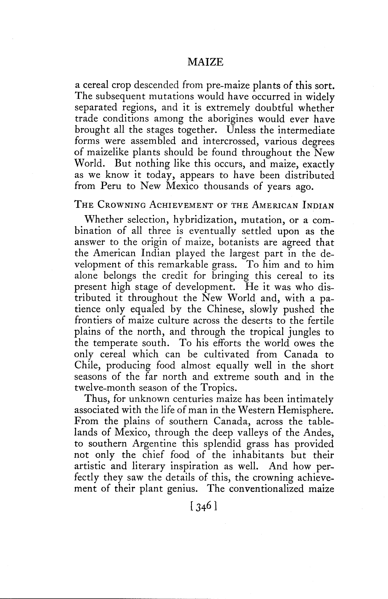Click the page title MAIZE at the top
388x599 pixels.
(205, 62)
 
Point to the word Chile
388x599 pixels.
(87, 366)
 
